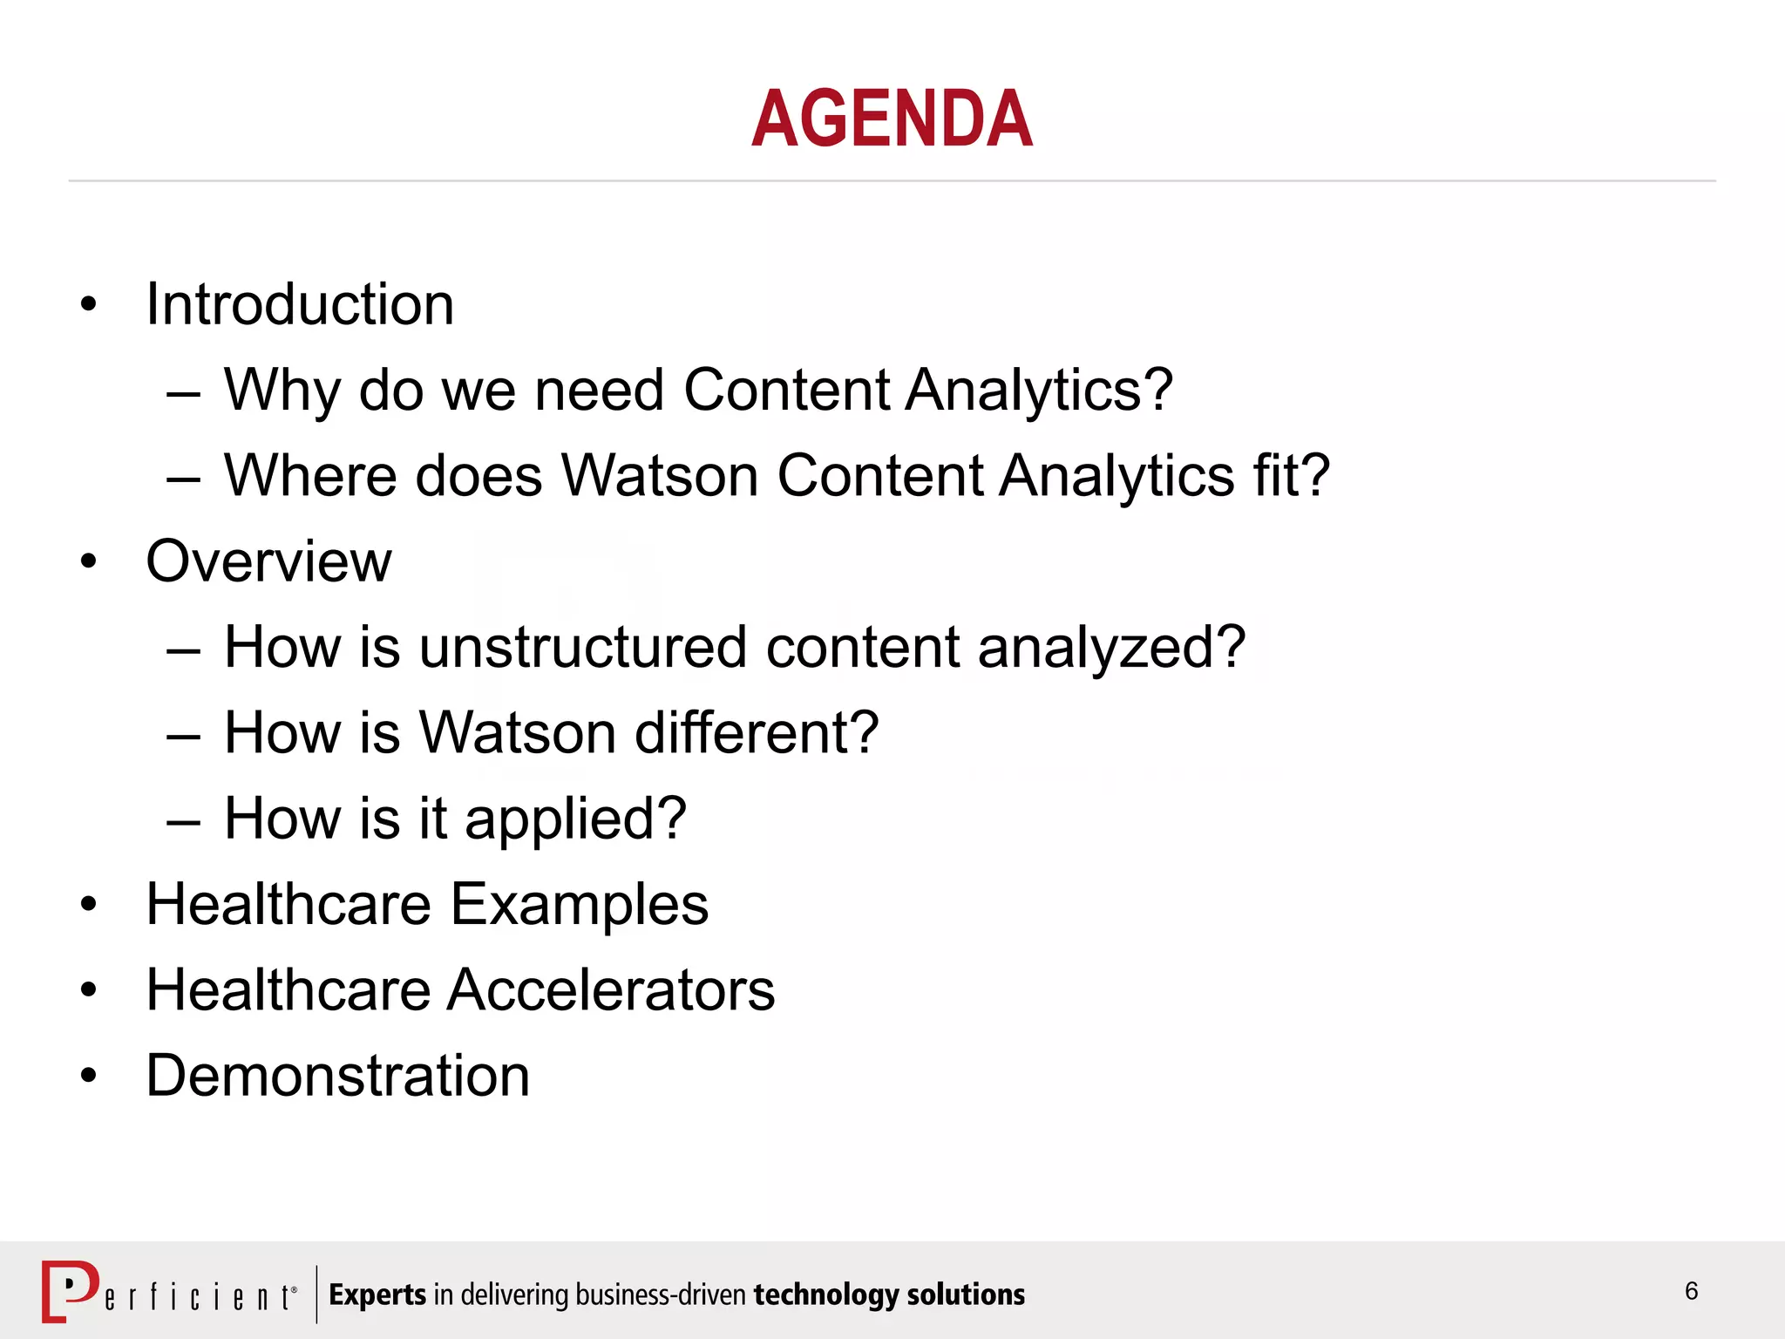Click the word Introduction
click(x=300, y=304)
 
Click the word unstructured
click(x=582, y=647)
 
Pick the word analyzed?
click(x=1111, y=649)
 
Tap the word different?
click(x=757, y=732)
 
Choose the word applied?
click(x=575, y=819)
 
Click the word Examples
click(x=580, y=904)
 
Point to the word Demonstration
click(x=337, y=1075)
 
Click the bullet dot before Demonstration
click(x=88, y=1076)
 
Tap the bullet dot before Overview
click(x=88, y=561)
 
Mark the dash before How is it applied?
click(x=184, y=821)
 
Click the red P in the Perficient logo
click(x=69, y=1289)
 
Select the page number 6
click(x=1691, y=1291)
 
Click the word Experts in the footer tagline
click(x=377, y=1295)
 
